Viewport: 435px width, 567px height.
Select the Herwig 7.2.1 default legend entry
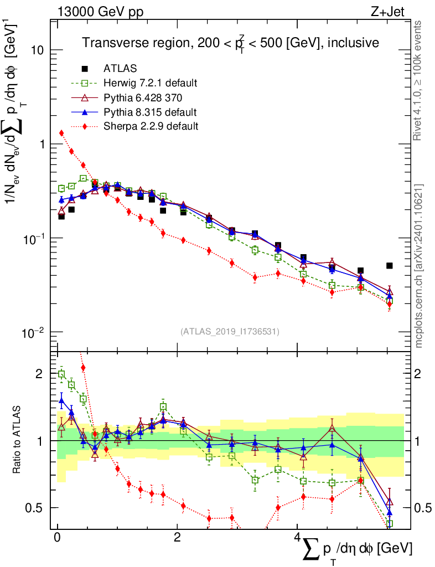150,84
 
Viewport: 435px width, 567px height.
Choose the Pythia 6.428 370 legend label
146,98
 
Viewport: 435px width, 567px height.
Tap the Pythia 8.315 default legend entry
150,112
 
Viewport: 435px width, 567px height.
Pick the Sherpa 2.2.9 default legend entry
151,126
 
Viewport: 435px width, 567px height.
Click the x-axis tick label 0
57,538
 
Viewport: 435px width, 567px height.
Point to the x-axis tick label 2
177,538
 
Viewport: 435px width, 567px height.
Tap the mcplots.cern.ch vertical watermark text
419,266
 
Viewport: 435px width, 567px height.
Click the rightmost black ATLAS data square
390,266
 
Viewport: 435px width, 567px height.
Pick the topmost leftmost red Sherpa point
62,133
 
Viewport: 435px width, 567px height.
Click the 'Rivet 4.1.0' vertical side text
419,80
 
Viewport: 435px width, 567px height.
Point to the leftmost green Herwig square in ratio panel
62,374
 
